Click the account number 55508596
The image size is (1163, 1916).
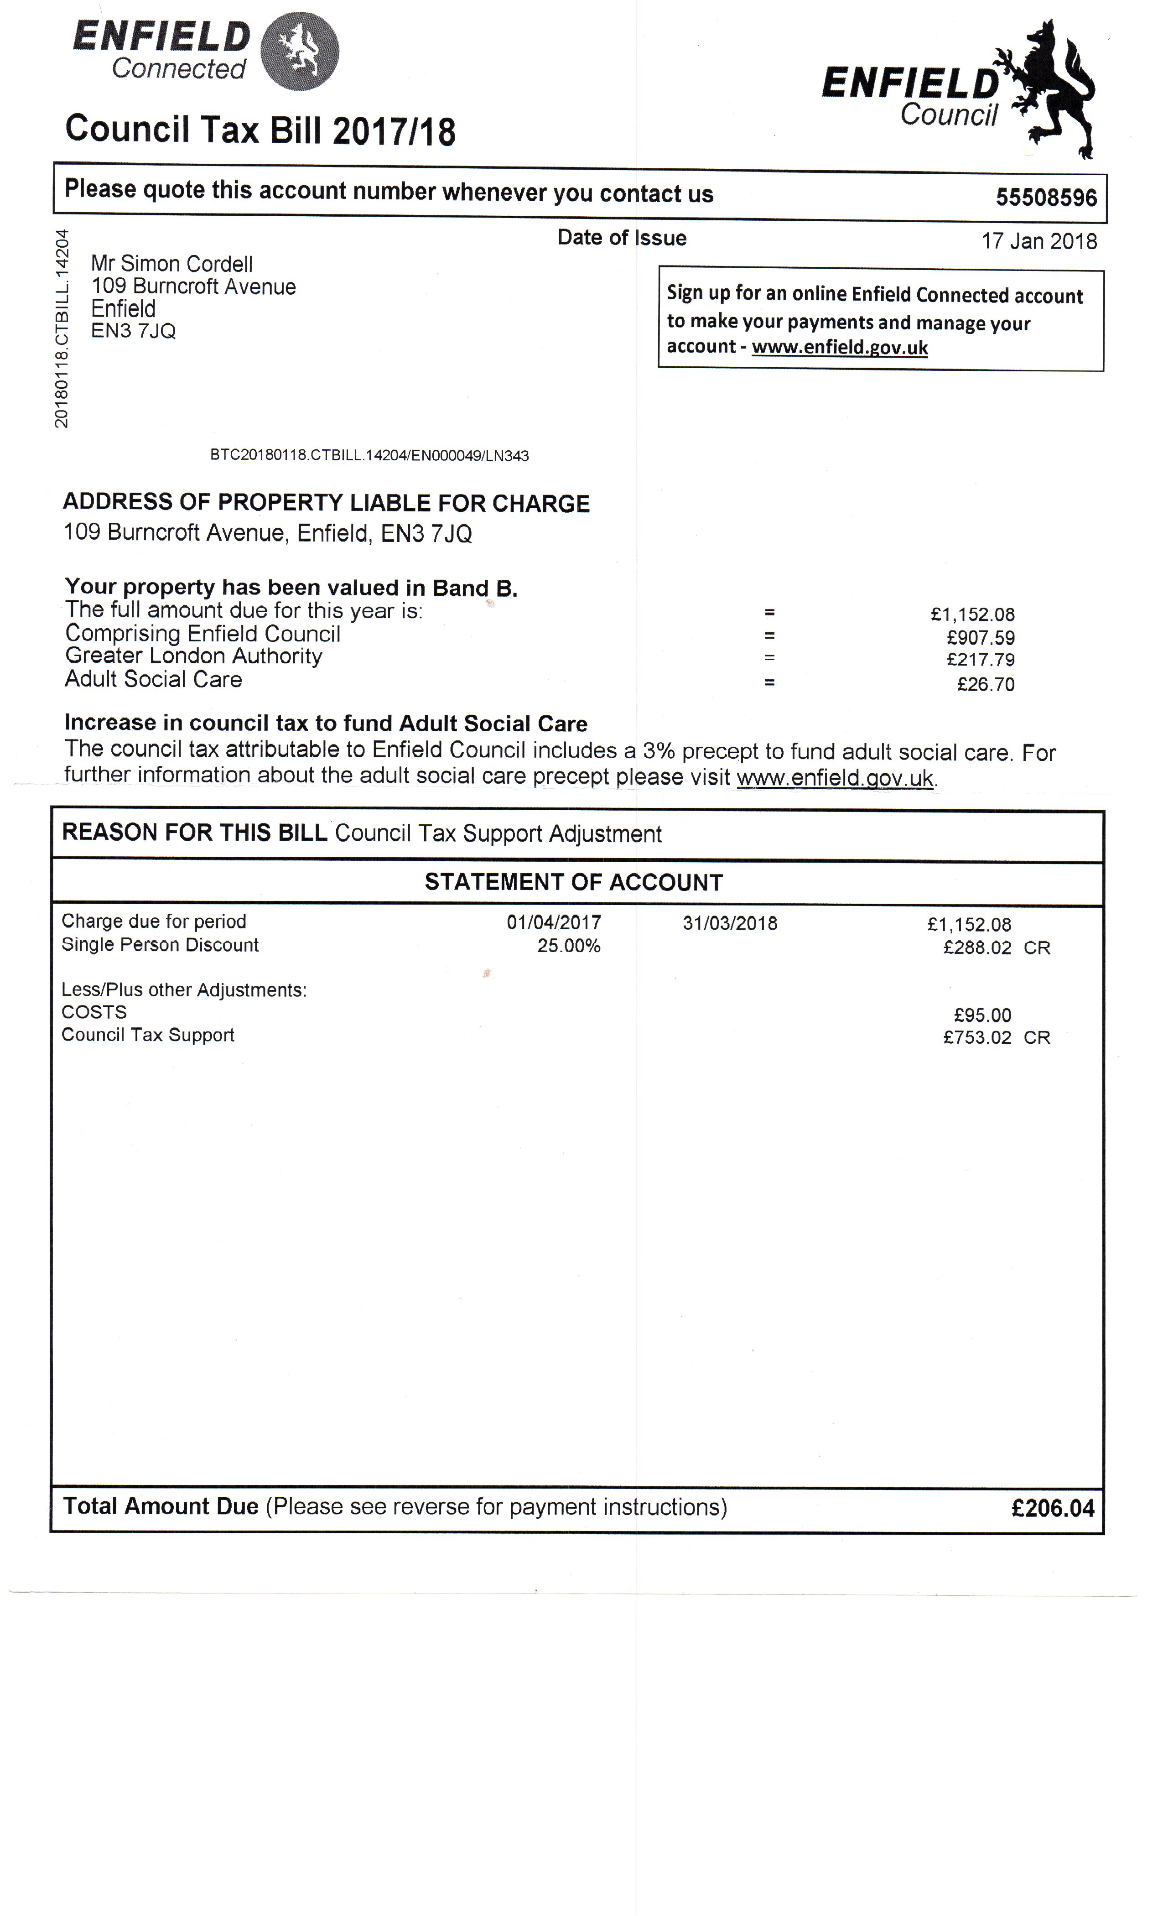[1046, 198]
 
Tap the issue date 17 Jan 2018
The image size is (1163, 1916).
[1038, 241]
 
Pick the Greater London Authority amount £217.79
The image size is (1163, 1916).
[980, 660]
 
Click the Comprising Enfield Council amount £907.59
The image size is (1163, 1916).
[980, 638]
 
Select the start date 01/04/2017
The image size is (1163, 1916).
[554, 923]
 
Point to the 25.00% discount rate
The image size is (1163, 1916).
[569, 946]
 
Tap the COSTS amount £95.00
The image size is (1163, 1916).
[983, 1015]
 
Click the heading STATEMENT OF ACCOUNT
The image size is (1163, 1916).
[574, 883]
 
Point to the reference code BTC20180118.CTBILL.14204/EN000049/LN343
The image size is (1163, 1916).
[369, 456]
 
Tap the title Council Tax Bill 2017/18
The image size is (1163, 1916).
[260, 130]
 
